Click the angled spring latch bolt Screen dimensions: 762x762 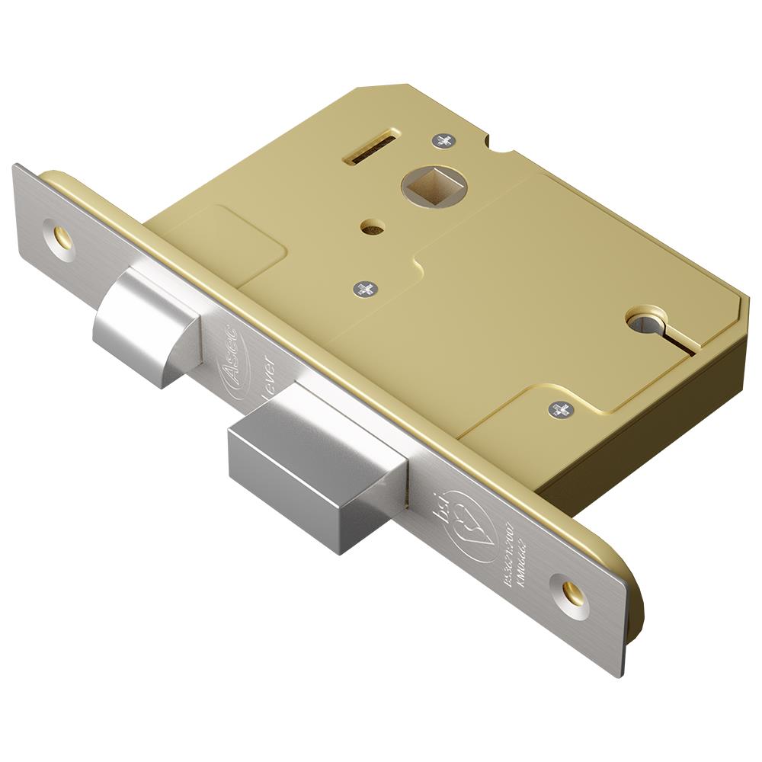coord(145,324)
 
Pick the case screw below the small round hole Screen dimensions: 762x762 coord(365,288)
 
